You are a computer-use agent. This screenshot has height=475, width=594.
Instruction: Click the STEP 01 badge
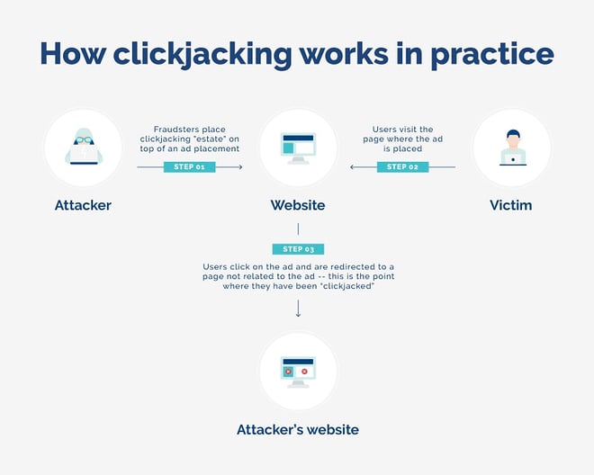pos(189,167)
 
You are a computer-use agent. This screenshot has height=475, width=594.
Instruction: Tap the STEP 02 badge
pos(402,167)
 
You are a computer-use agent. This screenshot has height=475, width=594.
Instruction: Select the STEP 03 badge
pos(298,249)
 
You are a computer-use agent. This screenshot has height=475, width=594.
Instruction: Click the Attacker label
pos(83,205)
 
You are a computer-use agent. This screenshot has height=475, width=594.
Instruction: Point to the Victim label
pos(510,205)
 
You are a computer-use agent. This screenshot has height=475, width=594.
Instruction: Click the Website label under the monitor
pos(298,205)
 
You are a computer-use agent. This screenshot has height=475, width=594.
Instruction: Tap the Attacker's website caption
pos(298,429)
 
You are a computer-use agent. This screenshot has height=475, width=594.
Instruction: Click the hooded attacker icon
pos(84,147)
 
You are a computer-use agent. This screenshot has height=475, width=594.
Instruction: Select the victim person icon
pos(513,148)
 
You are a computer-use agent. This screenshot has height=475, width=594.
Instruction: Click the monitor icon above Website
pos(298,148)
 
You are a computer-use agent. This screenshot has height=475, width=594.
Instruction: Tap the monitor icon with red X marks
pos(298,372)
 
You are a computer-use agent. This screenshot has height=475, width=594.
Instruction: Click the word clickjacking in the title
pos(202,54)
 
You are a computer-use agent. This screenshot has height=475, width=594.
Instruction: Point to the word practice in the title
pos(492,54)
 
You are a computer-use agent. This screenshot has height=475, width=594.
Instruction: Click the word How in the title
pos(73,53)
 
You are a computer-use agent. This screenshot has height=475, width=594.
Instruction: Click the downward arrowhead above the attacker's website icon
pos(298,314)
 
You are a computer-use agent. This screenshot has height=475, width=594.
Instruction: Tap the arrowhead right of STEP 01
pos(239,167)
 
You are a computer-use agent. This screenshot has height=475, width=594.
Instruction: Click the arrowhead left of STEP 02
pos(353,167)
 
